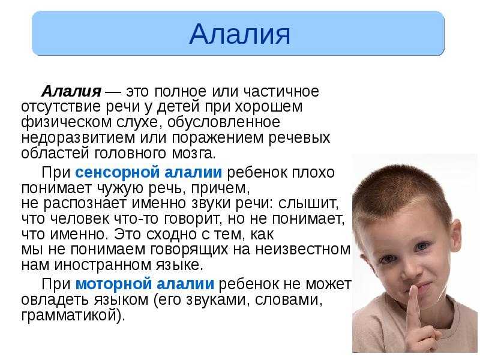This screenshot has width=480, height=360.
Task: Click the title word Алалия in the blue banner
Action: (x=239, y=34)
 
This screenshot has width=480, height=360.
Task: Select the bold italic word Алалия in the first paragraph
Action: (x=71, y=91)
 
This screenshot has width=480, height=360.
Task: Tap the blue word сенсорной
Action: (x=117, y=173)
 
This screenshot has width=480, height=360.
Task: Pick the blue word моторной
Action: (x=113, y=284)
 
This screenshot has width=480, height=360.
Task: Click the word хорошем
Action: (x=269, y=107)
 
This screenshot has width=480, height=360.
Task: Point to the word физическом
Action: (x=67, y=122)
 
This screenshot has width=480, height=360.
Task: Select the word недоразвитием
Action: (x=78, y=138)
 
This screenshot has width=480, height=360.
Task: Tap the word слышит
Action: (x=308, y=203)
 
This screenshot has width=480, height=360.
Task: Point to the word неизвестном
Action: (x=303, y=250)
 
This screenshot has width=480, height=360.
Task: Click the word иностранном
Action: (x=103, y=265)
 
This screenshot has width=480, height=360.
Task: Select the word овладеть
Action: (x=55, y=299)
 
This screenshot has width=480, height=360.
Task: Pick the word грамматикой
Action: (x=71, y=315)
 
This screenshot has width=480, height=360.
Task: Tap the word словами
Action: (x=289, y=299)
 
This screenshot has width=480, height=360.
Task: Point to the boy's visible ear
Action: (x=455, y=236)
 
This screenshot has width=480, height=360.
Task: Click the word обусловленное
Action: (x=224, y=122)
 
